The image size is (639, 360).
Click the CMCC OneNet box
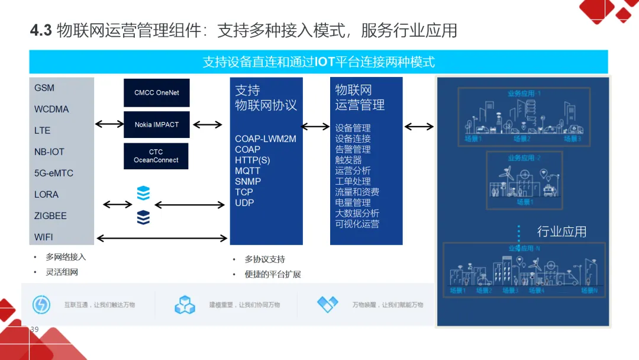coord(156,92)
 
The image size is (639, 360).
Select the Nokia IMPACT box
coord(156,124)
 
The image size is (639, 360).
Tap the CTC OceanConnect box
coord(156,156)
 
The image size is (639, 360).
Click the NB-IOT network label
coord(49,152)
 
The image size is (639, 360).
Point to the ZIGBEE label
coord(50,216)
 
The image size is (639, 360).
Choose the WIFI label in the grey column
coord(43,237)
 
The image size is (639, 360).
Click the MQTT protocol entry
coord(247,171)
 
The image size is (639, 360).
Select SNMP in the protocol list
coord(248,181)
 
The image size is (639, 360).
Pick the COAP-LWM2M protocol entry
coord(266,139)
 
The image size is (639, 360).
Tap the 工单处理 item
coord(353,181)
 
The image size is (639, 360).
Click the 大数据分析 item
coord(357,213)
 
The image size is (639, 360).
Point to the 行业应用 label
coord(561,232)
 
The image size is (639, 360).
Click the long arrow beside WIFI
coord(162,238)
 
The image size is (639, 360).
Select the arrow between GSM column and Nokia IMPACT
coord(109,124)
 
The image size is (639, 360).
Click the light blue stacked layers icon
coord(143,193)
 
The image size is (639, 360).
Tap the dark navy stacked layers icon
coord(143,217)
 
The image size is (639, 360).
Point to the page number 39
coord(34,329)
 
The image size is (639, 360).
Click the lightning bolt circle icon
coord(41,304)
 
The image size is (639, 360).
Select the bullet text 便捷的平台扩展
coord(273,274)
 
